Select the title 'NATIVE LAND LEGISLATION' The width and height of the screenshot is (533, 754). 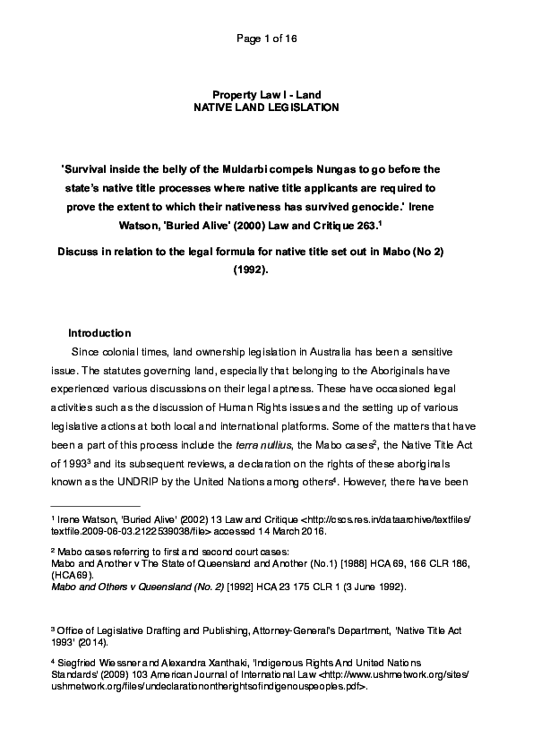click(266, 107)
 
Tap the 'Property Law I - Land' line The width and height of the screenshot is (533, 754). click(266, 94)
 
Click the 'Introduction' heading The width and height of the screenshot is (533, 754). click(99, 333)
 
